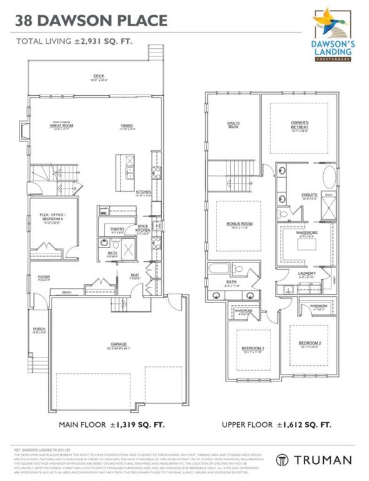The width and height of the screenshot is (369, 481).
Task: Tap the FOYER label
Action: click(44, 277)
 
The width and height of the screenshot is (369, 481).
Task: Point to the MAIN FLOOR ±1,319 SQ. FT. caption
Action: click(112, 425)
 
